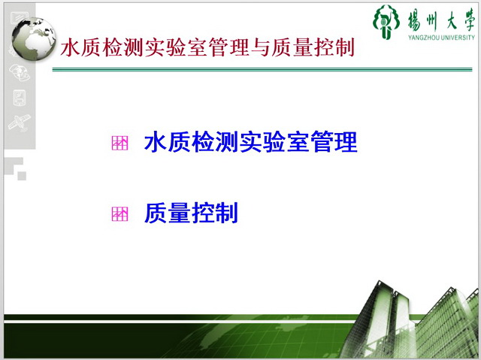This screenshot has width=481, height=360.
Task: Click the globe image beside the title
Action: [34, 39]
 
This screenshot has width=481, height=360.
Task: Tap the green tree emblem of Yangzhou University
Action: [386, 22]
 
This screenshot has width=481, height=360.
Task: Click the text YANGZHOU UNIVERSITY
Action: [441, 38]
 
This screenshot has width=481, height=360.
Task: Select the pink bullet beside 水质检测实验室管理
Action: [119, 144]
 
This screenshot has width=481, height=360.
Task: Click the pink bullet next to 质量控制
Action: [119, 213]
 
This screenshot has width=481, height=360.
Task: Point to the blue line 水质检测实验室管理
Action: [250, 142]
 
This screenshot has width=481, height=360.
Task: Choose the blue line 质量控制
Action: [191, 213]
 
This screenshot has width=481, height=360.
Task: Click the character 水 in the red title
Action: [70, 47]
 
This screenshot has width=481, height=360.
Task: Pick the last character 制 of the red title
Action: [345, 47]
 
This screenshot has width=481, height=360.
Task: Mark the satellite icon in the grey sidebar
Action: [20, 122]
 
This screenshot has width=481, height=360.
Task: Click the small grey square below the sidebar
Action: [22, 176]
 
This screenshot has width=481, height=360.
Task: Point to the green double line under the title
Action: [262, 70]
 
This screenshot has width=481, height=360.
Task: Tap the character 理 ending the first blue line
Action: [346, 142]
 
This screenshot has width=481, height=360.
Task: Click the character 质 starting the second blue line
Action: [156, 213]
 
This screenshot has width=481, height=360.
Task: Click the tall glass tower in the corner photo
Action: [379, 319]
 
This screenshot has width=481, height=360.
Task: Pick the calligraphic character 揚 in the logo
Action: [414, 21]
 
